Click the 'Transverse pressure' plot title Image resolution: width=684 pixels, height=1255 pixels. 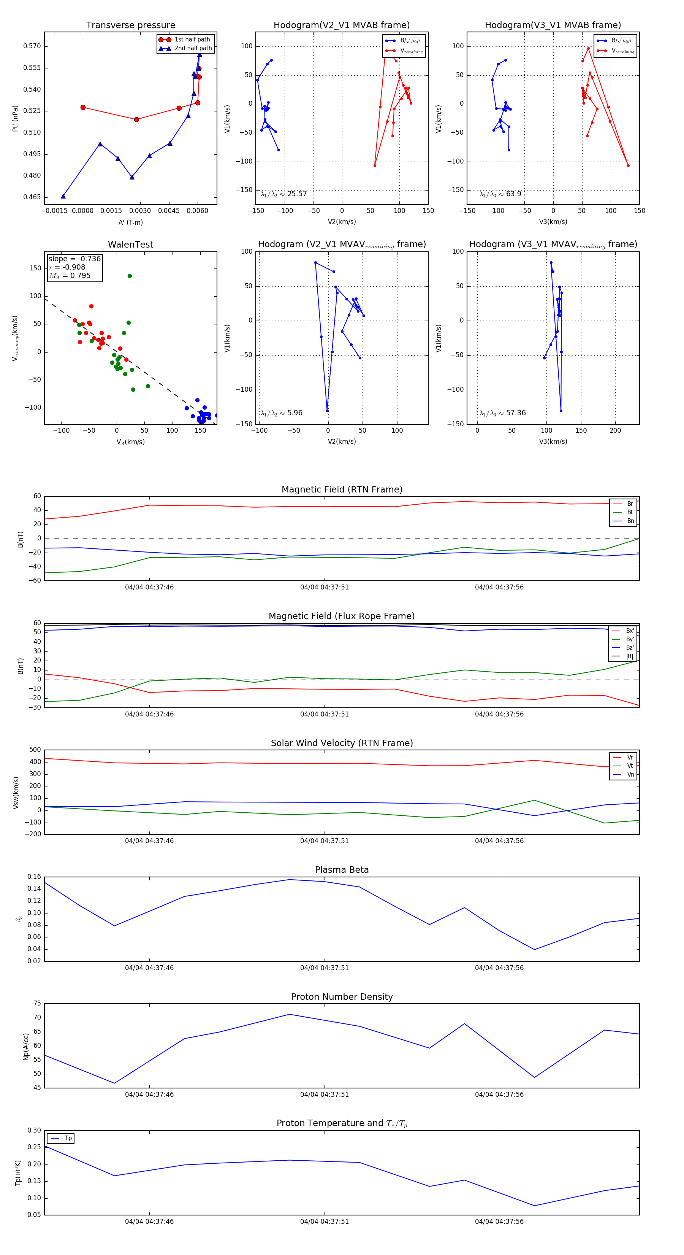pyautogui.click(x=130, y=25)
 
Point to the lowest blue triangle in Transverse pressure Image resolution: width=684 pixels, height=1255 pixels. pyautogui.click(x=63, y=196)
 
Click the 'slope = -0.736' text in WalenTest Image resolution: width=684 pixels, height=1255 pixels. pyautogui.click(x=74, y=259)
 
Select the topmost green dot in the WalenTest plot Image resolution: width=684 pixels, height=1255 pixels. pyautogui.click(x=130, y=276)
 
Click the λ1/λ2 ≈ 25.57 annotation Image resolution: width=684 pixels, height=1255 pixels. pyautogui.click(x=284, y=194)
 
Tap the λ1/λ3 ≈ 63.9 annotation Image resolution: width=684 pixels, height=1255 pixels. pyautogui.click(x=500, y=194)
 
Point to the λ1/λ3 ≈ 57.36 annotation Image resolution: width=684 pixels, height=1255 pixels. pyautogui.click(x=502, y=413)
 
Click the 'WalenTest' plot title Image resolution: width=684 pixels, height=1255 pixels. pyautogui.click(x=130, y=245)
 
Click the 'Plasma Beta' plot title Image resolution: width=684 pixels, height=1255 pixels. pyautogui.click(x=342, y=870)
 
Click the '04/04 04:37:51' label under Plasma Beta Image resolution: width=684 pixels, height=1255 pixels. pyautogui.click(x=324, y=967)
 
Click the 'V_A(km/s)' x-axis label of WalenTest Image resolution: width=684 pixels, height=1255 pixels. pyautogui.click(x=130, y=442)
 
